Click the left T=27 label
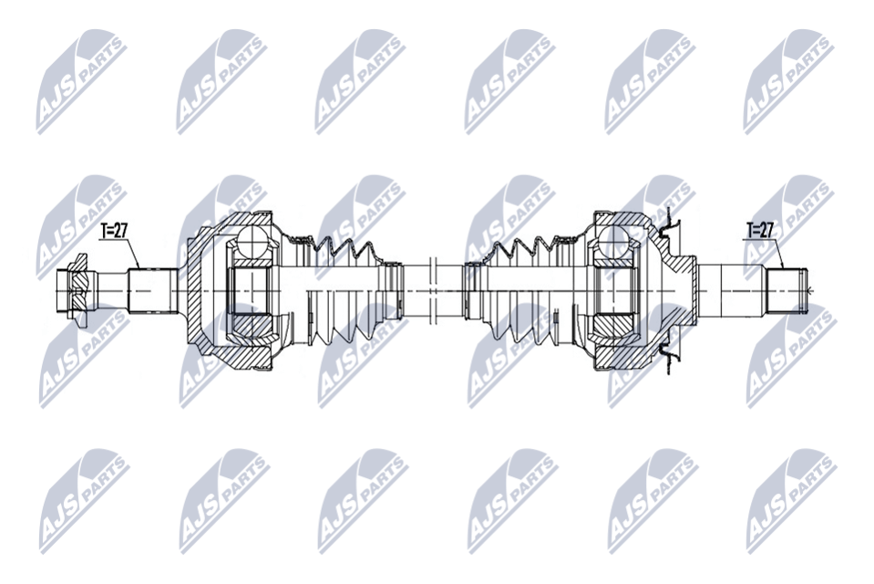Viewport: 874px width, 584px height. click(x=114, y=230)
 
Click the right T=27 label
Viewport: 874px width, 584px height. click(x=760, y=229)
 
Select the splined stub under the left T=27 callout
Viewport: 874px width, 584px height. click(x=153, y=291)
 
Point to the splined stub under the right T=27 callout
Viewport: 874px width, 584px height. click(x=787, y=291)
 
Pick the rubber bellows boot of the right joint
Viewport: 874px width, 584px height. click(x=527, y=290)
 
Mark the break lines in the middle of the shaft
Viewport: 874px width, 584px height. click(x=434, y=291)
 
